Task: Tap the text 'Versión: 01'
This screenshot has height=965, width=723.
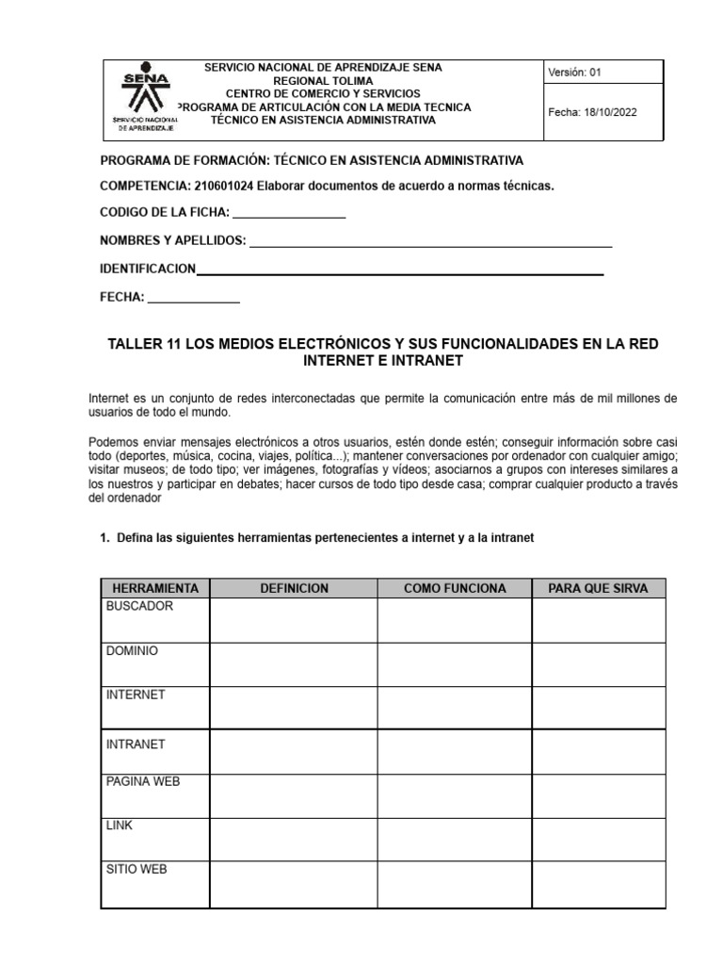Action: pos(574,72)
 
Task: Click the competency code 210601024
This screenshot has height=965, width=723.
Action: pos(224,186)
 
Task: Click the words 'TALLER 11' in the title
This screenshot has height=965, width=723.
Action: pos(146,344)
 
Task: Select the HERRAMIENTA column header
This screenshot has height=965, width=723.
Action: pos(154,588)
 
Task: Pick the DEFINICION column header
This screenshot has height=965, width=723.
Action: pos(294,588)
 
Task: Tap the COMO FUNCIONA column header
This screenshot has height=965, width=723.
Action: pos(455,588)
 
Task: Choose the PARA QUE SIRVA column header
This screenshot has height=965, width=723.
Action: pos(598,588)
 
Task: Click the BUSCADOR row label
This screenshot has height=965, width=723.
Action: pos(139,606)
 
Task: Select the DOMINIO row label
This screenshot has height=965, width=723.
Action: pos(133,650)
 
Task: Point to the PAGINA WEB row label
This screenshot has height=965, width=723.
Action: pos(143,781)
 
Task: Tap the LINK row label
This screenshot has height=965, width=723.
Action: pos(120,826)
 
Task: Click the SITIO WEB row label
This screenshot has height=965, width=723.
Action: pos(137,869)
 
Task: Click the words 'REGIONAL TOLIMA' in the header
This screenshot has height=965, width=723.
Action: pos(322,81)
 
